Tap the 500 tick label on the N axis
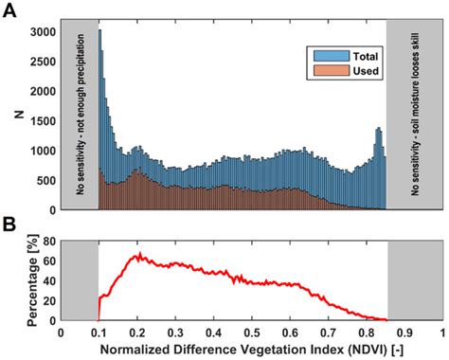coord(45,181)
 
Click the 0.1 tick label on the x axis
coord(99,333)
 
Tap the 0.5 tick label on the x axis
coord(252,333)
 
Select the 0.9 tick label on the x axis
coord(405,333)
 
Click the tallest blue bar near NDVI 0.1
coord(100,31)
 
